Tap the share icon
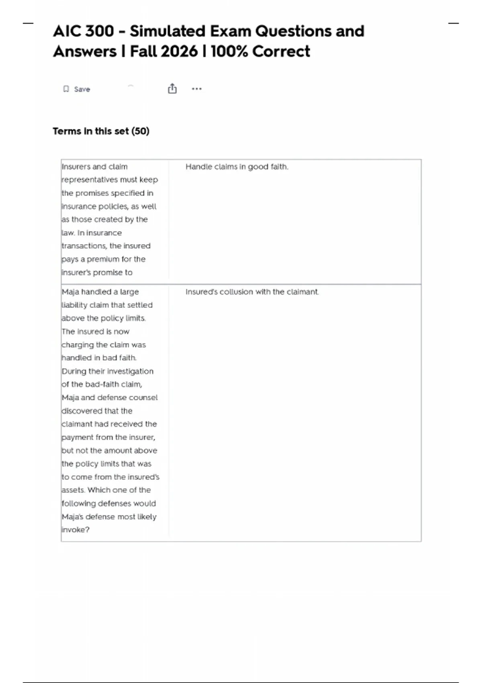(x=172, y=88)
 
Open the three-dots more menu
(x=196, y=89)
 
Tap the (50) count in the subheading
(x=140, y=131)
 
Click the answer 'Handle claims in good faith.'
(x=237, y=167)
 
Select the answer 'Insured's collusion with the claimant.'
(x=252, y=292)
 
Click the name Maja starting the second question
(x=70, y=292)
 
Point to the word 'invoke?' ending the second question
(x=76, y=530)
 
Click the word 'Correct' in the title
(x=281, y=51)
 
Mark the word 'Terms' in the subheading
(x=66, y=131)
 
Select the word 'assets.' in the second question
(x=73, y=490)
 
